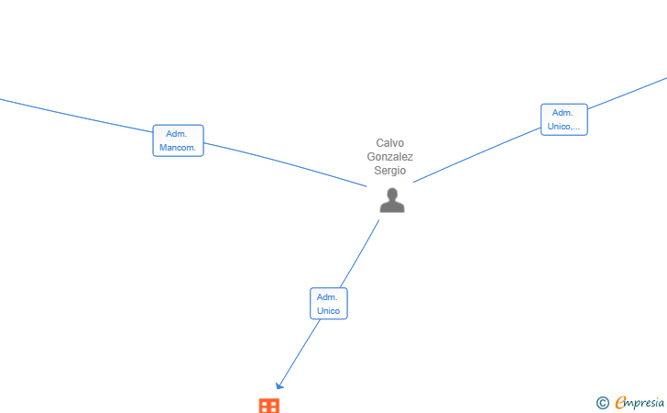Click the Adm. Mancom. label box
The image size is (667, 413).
(x=179, y=140)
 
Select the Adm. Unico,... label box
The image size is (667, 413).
(x=564, y=119)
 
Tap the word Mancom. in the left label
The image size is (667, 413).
(x=178, y=148)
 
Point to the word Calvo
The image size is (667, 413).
(x=390, y=143)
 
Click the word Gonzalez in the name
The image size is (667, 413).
(x=390, y=156)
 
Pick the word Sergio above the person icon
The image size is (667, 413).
(x=390, y=171)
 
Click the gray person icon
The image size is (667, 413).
(x=392, y=200)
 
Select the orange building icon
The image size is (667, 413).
(x=269, y=406)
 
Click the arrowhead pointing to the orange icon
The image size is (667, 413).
(x=279, y=385)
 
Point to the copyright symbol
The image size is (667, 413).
(x=602, y=403)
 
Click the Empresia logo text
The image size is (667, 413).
(x=640, y=403)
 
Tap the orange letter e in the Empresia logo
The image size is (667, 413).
(x=620, y=402)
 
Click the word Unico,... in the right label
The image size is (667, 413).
(x=563, y=126)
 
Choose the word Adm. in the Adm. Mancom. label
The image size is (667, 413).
(x=176, y=134)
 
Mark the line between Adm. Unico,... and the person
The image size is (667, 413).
(x=476, y=155)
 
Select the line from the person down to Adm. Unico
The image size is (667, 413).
(x=359, y=253)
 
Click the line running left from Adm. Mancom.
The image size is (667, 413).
(x=77, y=116)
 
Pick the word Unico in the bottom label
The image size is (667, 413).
(x=328, y=311)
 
